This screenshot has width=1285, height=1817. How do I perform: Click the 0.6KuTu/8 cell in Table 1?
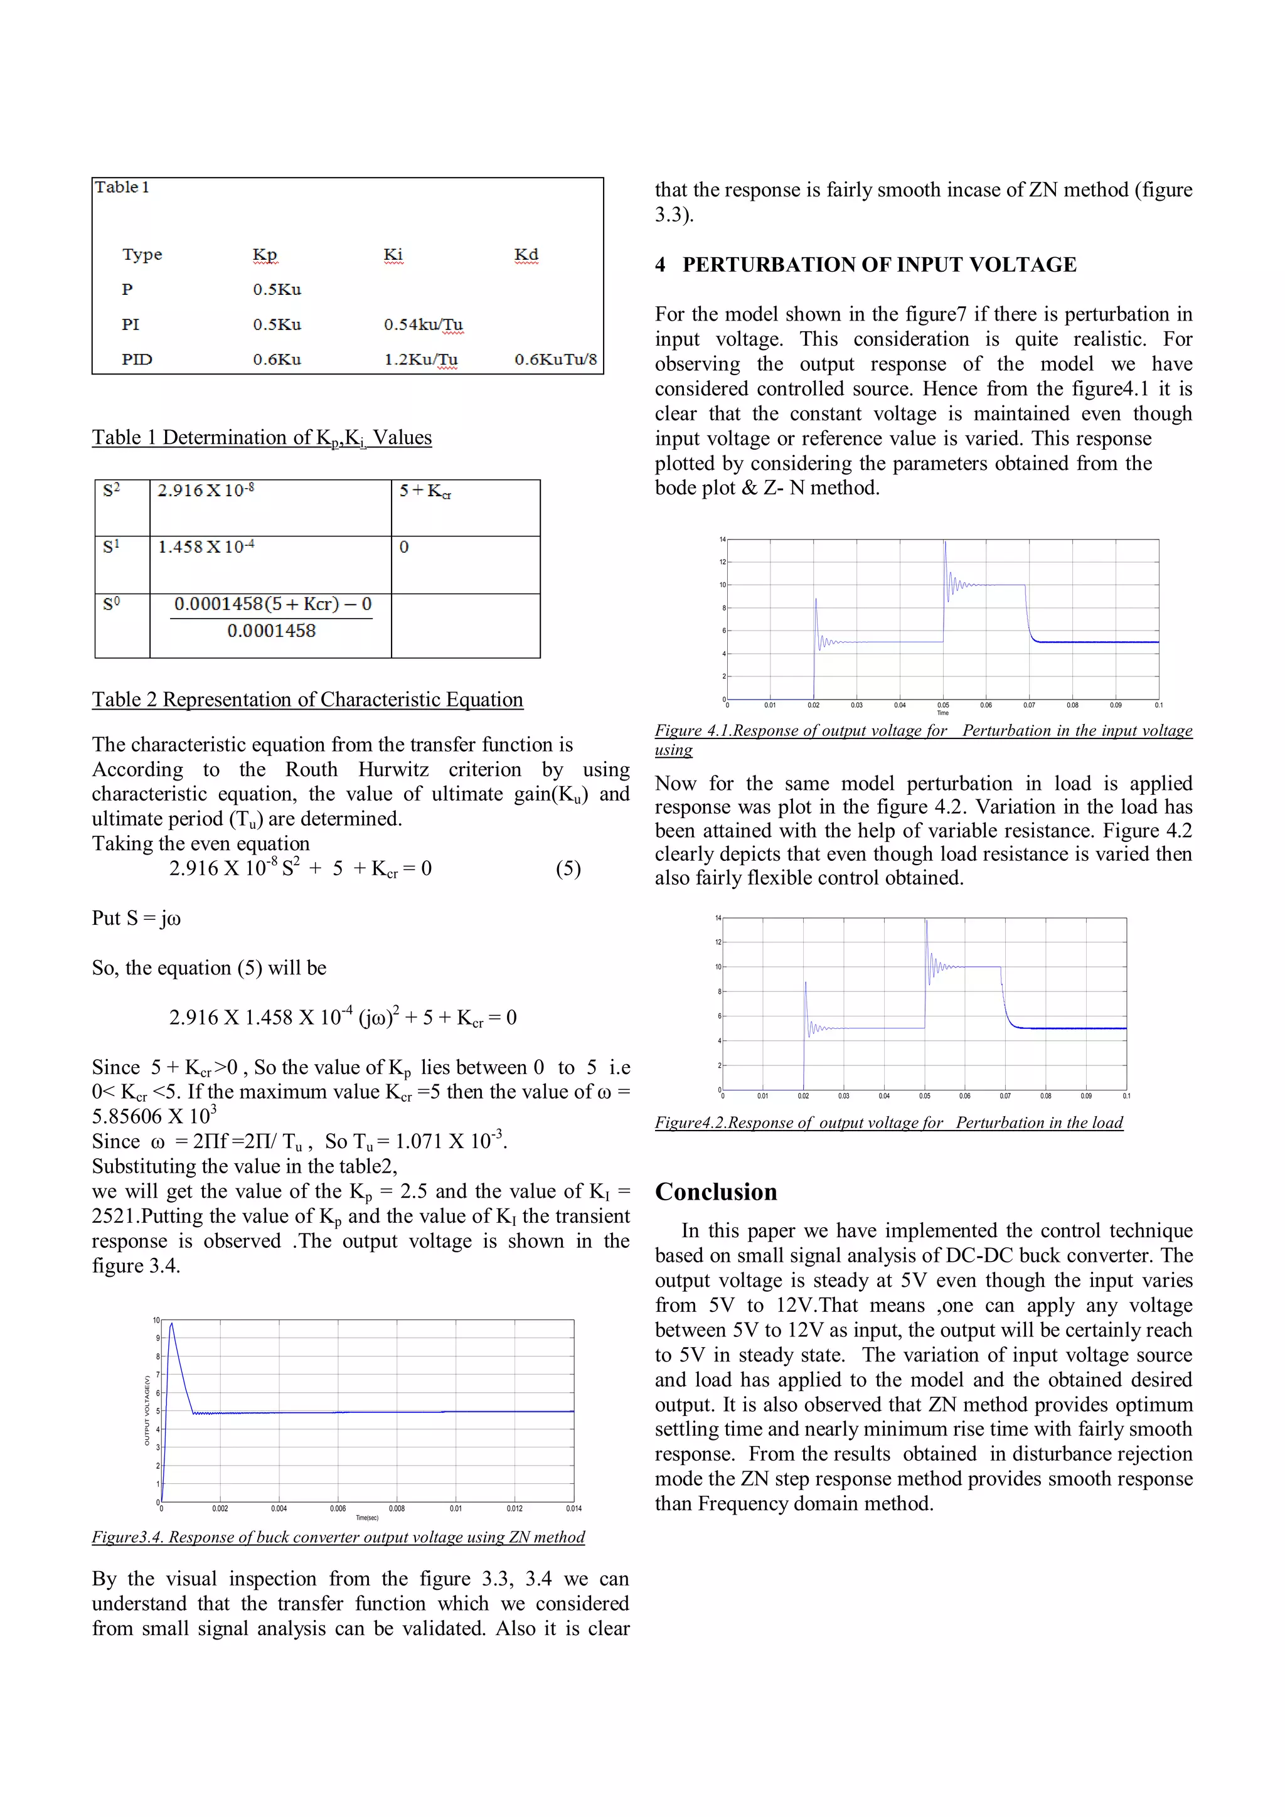(555, 360)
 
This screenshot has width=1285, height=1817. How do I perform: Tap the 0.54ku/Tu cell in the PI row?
(424, 324)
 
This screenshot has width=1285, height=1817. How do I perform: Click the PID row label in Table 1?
(137, 360)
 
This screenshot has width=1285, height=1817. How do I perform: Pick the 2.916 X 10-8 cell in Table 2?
(206, 491)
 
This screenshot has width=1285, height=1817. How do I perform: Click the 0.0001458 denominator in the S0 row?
(272, 631)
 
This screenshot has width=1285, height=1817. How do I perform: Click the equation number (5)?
(568, 869)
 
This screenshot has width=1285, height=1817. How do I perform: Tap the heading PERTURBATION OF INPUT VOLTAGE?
(879, 264)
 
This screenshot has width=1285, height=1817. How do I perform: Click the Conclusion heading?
(716, 1192)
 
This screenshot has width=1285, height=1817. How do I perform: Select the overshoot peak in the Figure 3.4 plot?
(172, 1324)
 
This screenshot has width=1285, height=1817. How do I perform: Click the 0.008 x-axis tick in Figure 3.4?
(397, 1508)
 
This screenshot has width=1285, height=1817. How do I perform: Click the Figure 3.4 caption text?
(338, 1537)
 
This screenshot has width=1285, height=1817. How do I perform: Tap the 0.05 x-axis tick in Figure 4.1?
(943, 705)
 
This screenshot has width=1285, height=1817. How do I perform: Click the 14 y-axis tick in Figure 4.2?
(718, 918)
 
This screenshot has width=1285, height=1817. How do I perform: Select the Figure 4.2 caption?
(888, 1122)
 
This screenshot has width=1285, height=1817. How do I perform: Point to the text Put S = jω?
(136, 918)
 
